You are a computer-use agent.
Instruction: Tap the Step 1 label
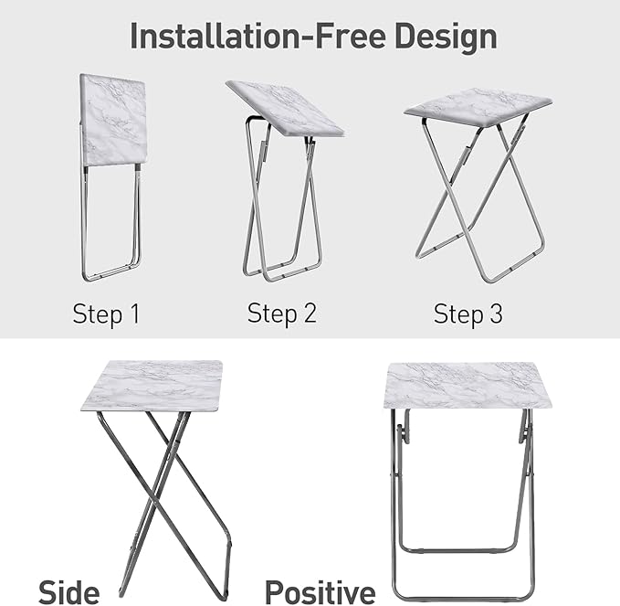coord(107,314)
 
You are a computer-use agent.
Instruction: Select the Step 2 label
coord(282,314)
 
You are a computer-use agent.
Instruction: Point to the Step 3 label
coord(468,314)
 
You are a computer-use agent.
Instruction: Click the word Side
coord(69,590)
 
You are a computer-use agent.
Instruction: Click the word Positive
coord(320,590)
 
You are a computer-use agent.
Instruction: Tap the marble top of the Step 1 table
coord(113,119)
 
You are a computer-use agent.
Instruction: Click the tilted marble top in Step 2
coord(284,108)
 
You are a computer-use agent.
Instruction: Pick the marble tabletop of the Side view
coord(152,385)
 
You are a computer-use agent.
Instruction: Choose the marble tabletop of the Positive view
coord(467,385)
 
